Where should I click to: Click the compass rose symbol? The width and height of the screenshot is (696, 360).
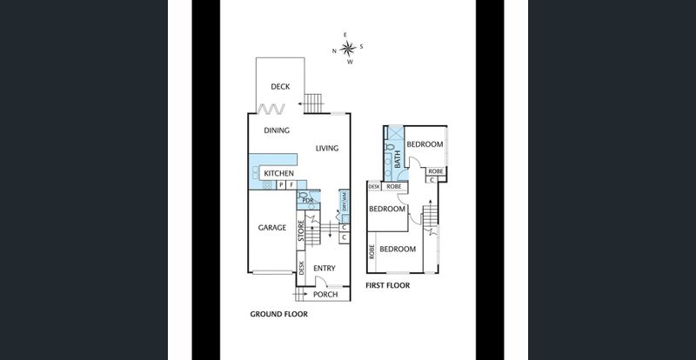click(348, 49)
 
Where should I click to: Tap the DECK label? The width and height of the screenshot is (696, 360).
click(280, 86)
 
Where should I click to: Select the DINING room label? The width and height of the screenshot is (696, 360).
click(277, 130)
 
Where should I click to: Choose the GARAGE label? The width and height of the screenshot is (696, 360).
click(272, 228)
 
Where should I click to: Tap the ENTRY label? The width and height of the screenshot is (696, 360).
click(325, 269)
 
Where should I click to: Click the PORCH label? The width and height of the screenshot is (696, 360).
click(325, 294)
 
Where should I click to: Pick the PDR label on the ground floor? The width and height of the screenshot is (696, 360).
click(308, 201)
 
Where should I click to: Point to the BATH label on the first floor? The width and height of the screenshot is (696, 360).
click(398, 160)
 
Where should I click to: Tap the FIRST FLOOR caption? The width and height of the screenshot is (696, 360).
click(387, 285)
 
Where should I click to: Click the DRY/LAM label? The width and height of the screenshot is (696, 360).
click(345, 203)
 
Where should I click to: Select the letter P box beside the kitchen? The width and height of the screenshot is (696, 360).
click(280, 185)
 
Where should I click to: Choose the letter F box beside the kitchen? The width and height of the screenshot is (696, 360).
click(291, 185)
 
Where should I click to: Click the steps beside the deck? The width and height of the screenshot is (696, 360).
click(316, 102)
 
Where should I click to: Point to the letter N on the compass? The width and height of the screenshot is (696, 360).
click(335, 50)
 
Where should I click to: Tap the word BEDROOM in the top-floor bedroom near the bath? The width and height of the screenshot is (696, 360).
click(425, 144)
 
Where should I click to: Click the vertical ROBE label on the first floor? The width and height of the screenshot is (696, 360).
click(372, 252)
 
